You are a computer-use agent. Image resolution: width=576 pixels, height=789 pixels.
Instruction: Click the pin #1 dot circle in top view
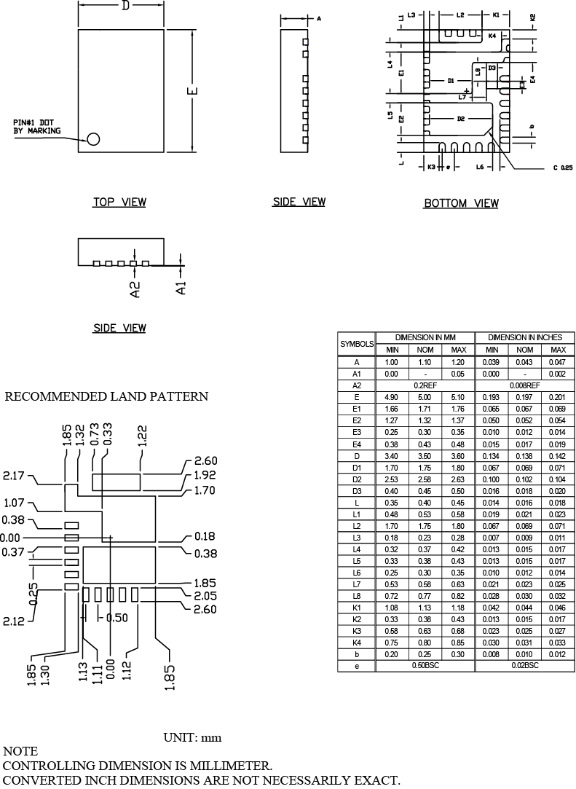click(x=94, y=139)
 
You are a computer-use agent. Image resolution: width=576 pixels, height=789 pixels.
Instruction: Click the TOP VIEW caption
click(x=119, y=202)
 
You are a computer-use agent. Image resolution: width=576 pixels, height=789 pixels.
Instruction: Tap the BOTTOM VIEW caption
click(x=461, y=203)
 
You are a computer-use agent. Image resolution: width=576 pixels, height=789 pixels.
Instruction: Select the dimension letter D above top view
click(x=125, y=7)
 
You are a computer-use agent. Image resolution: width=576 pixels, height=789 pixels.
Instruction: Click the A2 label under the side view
click(x=134, y=289)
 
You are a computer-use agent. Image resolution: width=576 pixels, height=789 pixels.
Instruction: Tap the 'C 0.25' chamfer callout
click(x=562, y=168)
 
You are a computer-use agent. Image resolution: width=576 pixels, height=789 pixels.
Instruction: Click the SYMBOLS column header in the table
click(x=357, y=343)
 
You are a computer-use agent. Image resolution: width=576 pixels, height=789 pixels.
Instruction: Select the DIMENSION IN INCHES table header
click(x=525, y=337)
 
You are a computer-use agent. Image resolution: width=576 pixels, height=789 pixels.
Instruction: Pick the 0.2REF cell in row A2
click(x=425, y=385)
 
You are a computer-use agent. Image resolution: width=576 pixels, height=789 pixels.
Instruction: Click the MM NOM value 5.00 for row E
click(x=425, y=397)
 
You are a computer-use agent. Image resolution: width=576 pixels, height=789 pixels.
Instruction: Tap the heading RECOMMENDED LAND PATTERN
click(x=107, y=397)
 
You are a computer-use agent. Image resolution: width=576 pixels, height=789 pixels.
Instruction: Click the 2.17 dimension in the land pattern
click(x=14, y=476)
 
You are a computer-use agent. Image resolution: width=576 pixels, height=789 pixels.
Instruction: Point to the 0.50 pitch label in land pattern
click(x=117, y=618)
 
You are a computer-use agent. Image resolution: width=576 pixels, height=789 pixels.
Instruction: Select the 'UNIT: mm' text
click(x=192, y=738)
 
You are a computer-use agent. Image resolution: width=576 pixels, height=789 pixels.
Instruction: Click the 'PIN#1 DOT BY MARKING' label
click(x=37, y=127)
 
